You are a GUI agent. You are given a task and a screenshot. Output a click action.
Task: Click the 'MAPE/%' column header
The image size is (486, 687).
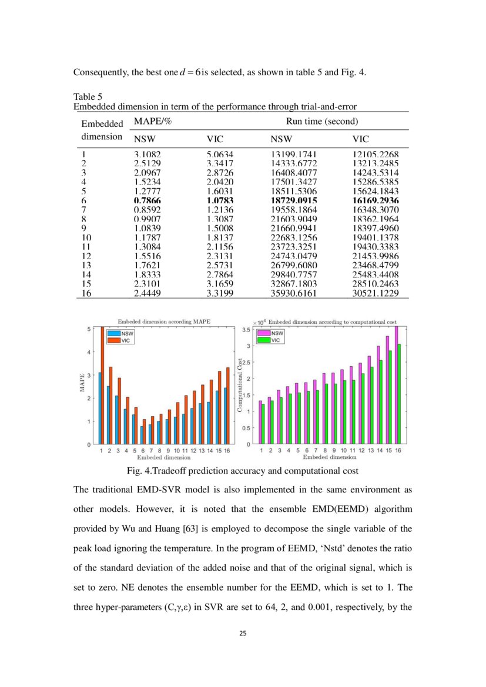click(148, 121)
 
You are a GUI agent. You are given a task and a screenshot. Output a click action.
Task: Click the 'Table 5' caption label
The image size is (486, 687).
click(87, 96)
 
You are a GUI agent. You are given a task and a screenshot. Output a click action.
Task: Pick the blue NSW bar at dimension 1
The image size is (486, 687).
click(100, 408)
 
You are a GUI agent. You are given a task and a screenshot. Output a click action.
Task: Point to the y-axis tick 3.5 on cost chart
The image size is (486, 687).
click(247, 331)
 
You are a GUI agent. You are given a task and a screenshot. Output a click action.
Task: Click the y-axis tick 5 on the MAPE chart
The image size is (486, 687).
click(89, 329)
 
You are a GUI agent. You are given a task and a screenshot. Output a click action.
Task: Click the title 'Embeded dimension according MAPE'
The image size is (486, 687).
click(164, 321)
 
